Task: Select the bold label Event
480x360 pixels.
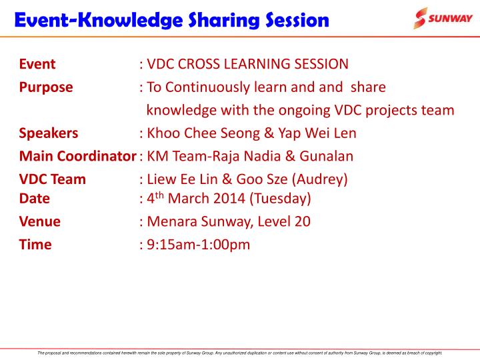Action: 37,65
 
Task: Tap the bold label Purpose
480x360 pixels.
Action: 46,87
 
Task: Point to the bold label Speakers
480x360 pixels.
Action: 49,133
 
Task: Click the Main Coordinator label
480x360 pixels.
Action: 73,156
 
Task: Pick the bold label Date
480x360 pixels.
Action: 35,198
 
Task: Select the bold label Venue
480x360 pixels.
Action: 40,221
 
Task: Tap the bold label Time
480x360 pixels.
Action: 35,245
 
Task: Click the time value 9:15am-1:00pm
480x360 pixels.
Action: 198,245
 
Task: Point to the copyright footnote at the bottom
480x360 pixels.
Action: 240,353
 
